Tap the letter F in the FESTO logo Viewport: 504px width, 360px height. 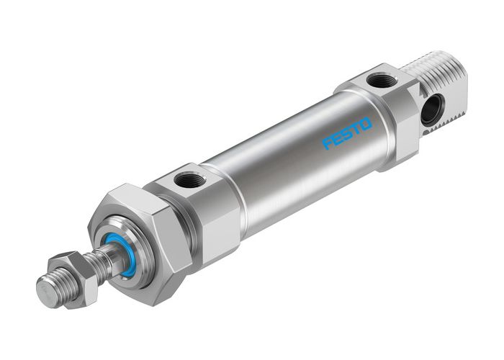pos(328,142)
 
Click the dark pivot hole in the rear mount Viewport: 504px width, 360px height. pos(432,109)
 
